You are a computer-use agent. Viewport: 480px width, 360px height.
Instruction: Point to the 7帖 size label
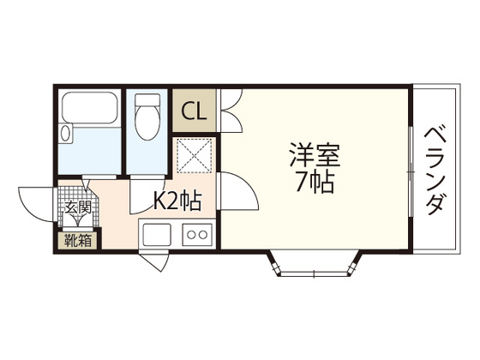coord(315,183)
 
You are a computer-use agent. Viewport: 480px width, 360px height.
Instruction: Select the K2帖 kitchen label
coord(177,201)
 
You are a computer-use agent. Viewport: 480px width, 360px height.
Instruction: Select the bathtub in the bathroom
coord(89,106)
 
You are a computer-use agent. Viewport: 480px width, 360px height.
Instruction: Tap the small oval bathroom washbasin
coord(66,133)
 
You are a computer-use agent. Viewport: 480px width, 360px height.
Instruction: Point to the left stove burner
coord(192,234)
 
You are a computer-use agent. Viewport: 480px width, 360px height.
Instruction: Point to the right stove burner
coord(205,234)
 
